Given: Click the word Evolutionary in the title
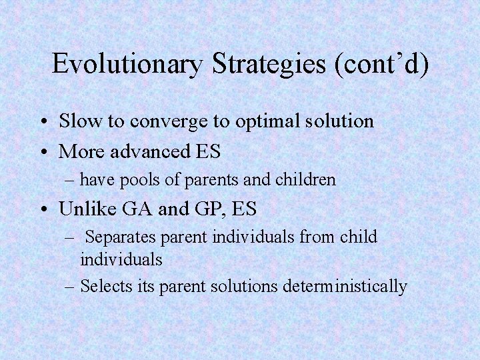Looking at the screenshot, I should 127,64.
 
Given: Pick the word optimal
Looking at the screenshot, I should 261,122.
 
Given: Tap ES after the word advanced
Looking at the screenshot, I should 208,151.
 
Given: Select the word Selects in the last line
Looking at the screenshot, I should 103,286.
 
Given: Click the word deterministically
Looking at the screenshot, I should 345,286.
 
